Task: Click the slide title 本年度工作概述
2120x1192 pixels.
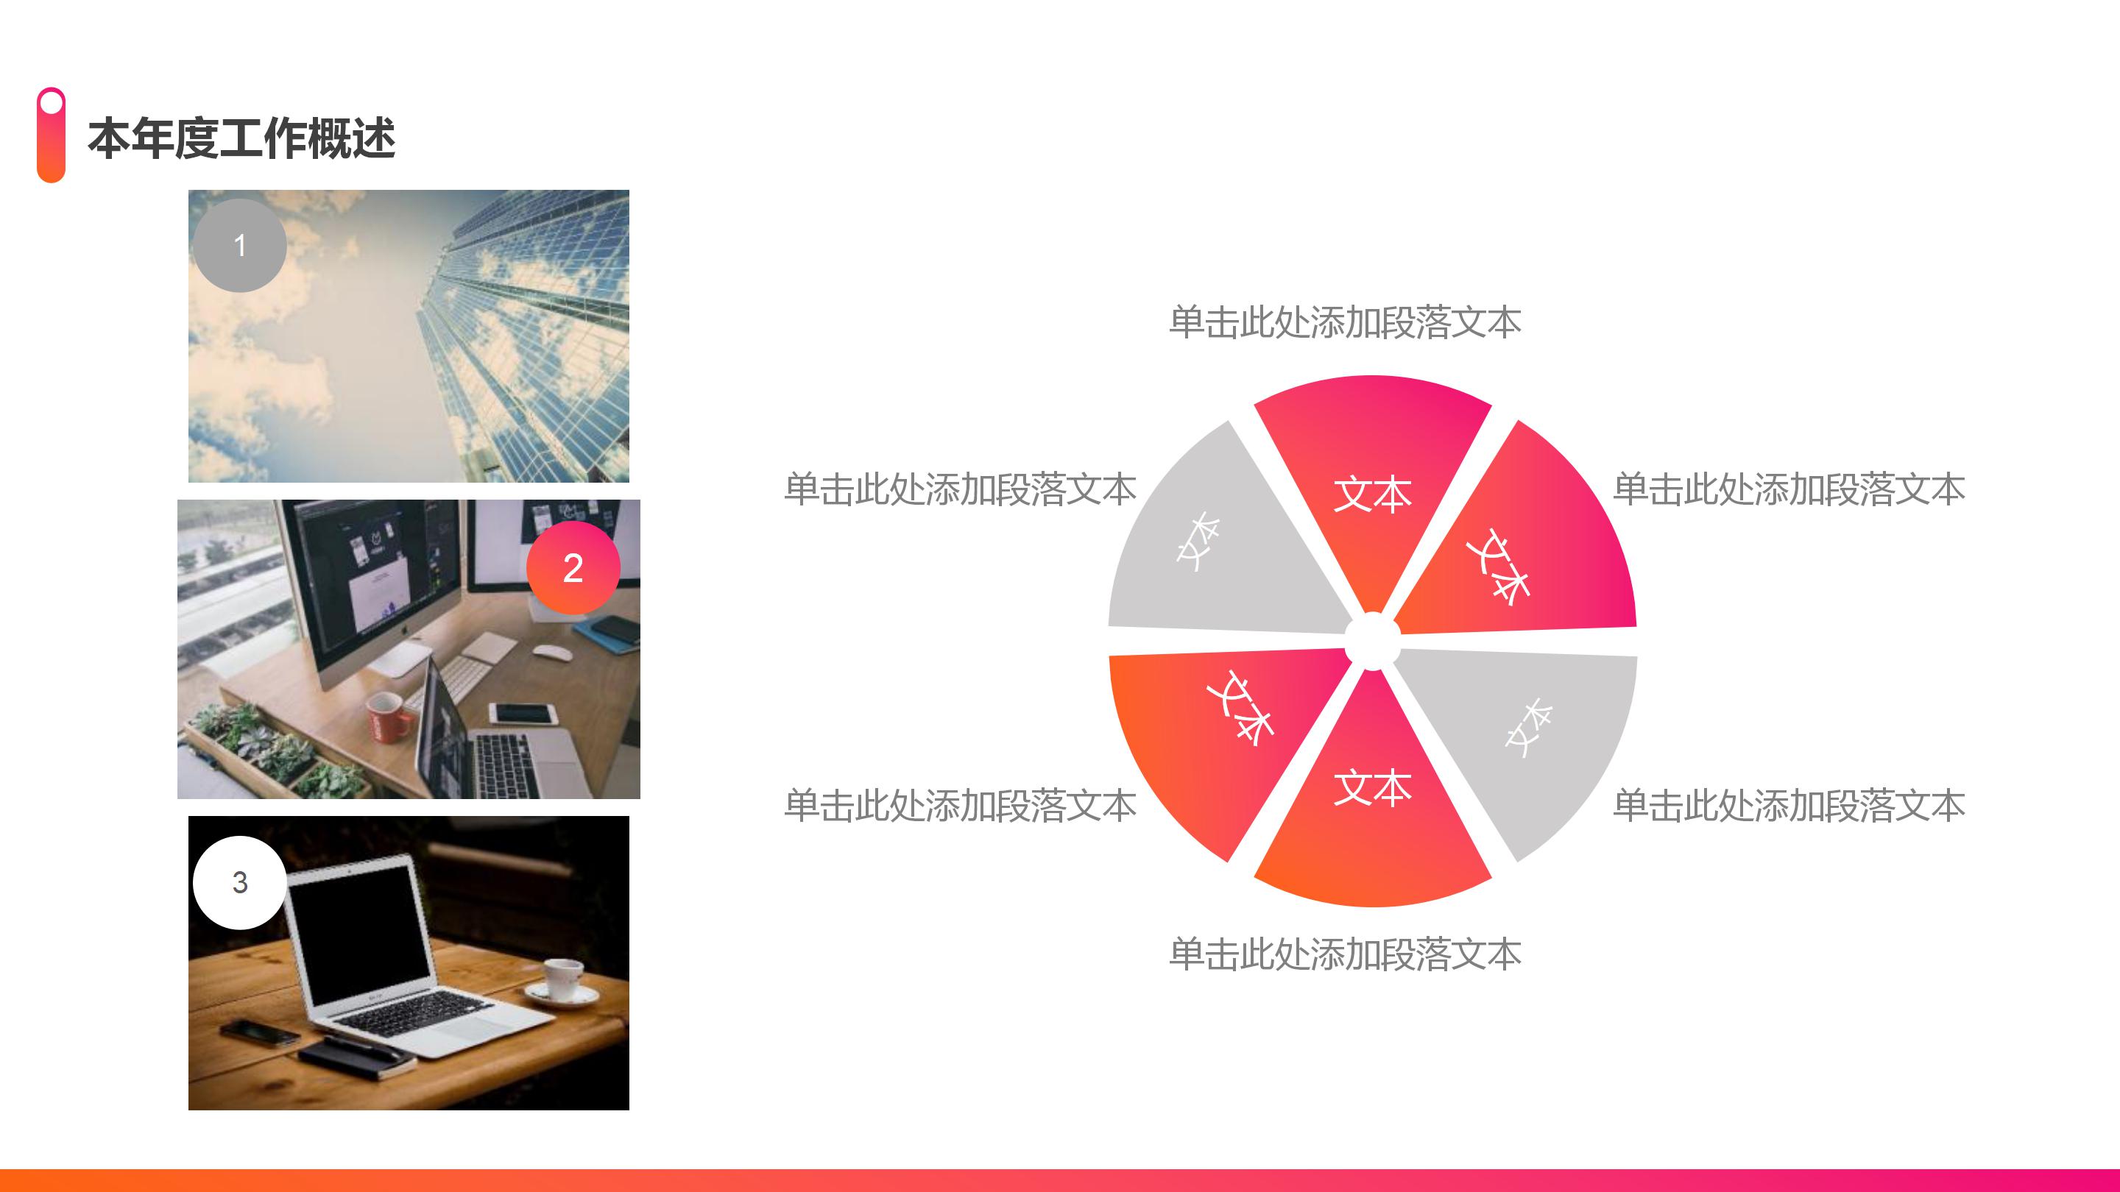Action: (x=241, y=138)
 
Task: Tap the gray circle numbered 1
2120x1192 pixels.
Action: (x=239, y=245)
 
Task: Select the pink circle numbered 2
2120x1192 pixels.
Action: (x=573, y=567)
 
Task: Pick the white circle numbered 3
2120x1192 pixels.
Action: (x=239, y=883)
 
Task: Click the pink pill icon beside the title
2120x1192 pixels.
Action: (x=51, y=135)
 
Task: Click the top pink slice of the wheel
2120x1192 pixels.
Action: (x=1372, y=469)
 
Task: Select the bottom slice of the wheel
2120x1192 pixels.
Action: (x=1372, y=815)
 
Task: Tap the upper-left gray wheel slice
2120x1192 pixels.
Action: (x=1209, y=551)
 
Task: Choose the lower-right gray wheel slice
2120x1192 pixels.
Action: (x=1531, y=732)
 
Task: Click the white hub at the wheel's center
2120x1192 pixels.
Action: (x=1372, y=641)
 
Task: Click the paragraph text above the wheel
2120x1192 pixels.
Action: (x=1345, y=322)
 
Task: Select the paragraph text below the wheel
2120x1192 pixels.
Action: (x=1345, y=954)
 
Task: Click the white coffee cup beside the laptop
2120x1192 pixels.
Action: (x=564, y=979)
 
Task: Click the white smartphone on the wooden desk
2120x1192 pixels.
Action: (x=523, y=713)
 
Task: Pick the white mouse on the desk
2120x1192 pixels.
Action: (x=552, y=653)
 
